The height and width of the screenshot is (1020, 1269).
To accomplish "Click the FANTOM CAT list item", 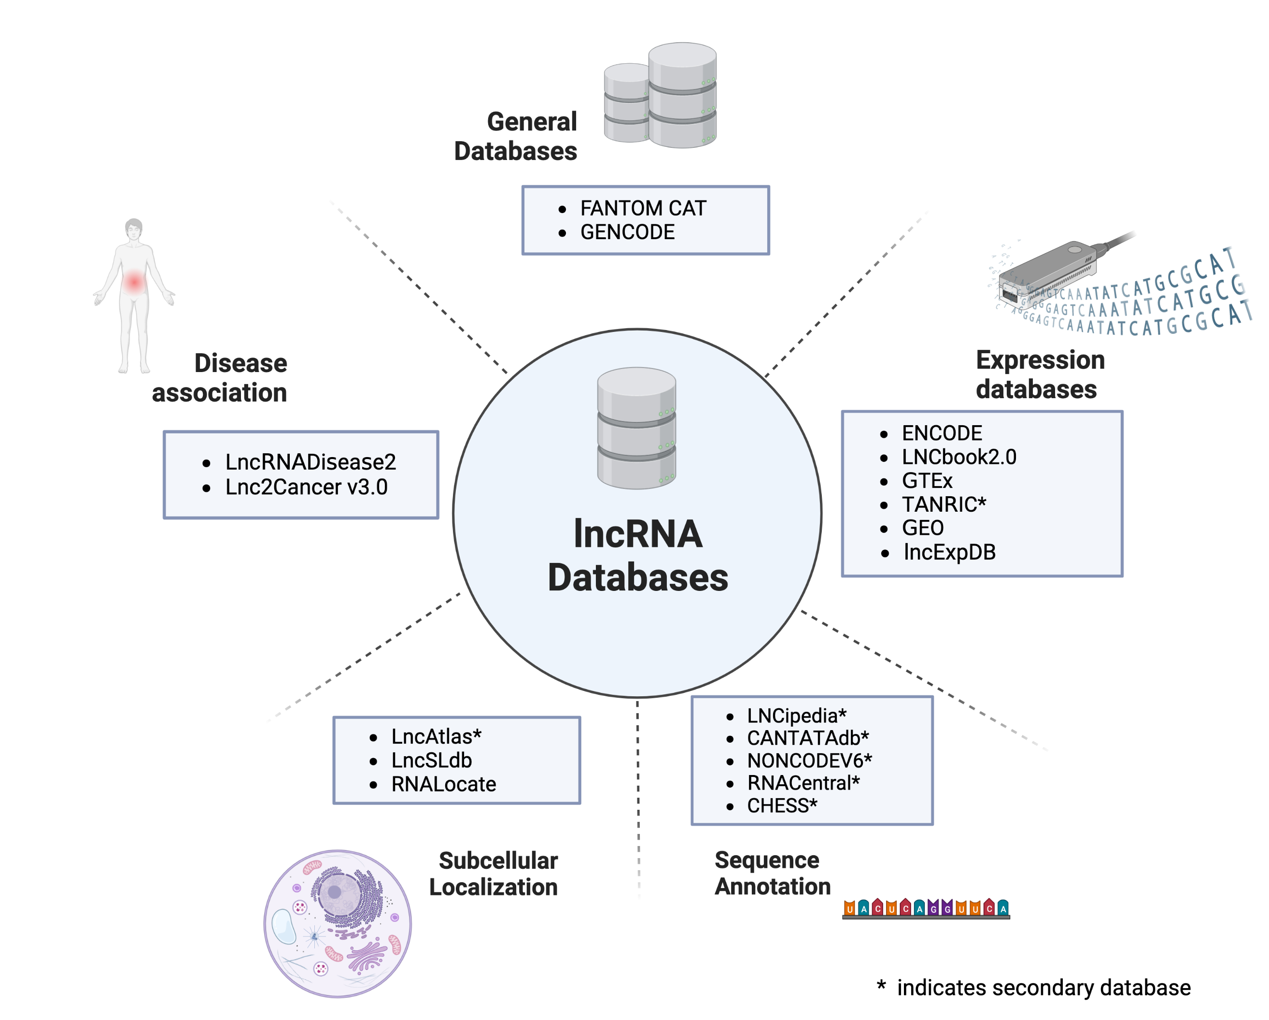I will pyautogui.click(x=643, y=208).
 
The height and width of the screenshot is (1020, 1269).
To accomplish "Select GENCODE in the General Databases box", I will pyautogui.click(x=627, y=232).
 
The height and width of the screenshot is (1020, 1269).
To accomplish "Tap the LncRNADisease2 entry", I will pyautogui.click(x=310, y=462).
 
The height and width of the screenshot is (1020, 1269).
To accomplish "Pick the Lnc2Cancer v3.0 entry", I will pyautogui.click(x=306, y=488).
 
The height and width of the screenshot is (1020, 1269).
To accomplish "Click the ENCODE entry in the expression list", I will pyautogui.click(x=942, y=433).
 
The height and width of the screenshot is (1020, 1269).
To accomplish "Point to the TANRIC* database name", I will pyautogui.click(x=944, y=505).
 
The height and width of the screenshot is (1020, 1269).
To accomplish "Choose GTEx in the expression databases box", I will pyautogui.click(x=927, y=481).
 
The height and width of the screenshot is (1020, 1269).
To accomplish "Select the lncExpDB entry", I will pyautogui.click(x=949, y=552).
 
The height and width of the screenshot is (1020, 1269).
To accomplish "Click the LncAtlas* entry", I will pyautogui.click(x=436, y=737).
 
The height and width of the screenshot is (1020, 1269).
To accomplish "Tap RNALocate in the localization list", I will pyautogui.click(x=443, y=784).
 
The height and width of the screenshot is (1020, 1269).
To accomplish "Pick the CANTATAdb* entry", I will pyautogui.click(x=807, y=738).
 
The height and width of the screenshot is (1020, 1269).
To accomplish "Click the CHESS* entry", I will pyautogui.click(x=782, y=805).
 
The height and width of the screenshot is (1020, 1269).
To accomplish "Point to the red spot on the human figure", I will pyautogui.click(x=134, y=282).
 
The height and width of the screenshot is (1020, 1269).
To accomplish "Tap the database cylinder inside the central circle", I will pyautogui.click(x=636, y=428).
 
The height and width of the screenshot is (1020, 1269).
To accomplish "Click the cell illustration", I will pyautogui.click(x=337, y=923).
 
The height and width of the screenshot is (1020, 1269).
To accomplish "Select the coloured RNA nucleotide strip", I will pyautogui.click(x=926, y=909).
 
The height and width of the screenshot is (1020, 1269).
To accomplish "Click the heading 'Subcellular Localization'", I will pyautogui.click(x=494, y=874).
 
